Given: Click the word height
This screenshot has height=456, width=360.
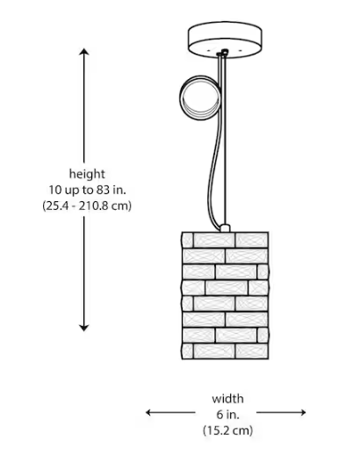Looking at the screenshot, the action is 87,174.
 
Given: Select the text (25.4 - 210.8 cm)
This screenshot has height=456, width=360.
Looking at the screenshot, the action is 87,206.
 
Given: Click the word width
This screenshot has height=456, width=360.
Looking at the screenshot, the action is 227,399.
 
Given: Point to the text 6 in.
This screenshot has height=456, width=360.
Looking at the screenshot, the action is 227,415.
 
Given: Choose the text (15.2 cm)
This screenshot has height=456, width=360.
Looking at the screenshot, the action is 227,431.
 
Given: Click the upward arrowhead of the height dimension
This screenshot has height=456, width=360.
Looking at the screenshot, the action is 84,52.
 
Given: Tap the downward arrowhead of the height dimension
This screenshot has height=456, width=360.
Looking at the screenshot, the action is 84,328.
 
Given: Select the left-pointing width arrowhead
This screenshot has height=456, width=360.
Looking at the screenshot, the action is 149,412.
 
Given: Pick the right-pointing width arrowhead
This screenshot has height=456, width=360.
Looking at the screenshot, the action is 302,412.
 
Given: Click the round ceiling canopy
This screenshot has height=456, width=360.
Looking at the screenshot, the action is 225,40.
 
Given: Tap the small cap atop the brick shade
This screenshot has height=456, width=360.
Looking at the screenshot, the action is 225,228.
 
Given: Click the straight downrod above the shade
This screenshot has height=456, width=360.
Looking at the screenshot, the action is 225,141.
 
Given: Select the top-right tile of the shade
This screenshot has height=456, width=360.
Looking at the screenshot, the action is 252,240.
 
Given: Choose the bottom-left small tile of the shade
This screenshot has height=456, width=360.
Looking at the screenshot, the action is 188,351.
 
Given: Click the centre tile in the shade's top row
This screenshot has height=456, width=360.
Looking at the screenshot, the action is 214,240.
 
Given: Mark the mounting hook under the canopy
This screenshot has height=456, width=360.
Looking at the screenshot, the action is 224,53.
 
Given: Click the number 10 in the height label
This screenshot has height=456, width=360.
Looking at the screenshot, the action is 54,190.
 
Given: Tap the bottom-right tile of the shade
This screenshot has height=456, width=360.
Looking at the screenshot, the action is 252,351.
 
